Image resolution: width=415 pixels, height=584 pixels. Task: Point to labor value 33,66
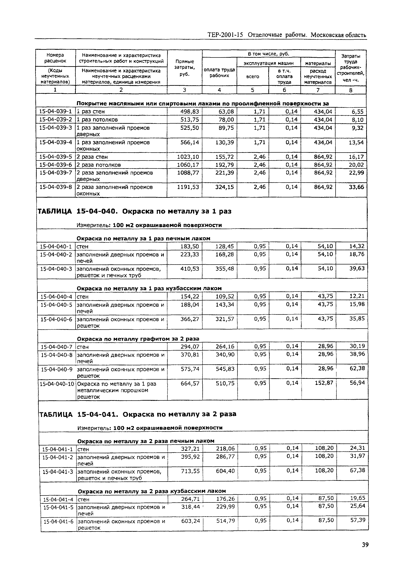pos(356,187)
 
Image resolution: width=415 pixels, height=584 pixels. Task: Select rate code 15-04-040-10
pos(57,384)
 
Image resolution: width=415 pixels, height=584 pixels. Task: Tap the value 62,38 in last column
pos(357,368)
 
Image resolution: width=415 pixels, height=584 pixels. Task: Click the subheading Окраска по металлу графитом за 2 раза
pos(138,339)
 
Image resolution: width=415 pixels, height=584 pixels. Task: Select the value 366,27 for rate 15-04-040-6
pos(189,319)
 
